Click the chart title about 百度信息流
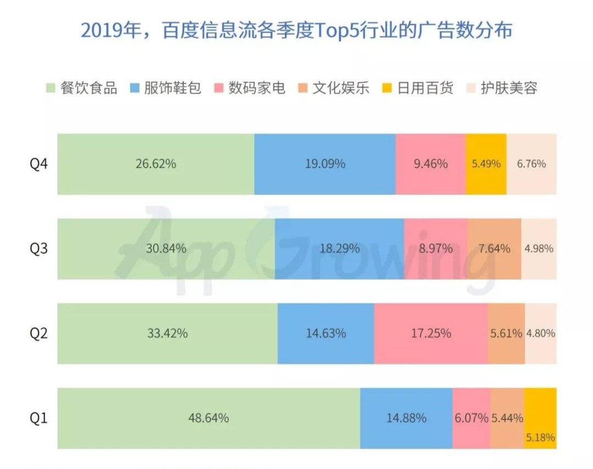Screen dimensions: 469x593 click(296, 30)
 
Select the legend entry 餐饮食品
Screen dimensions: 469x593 click(82, 88)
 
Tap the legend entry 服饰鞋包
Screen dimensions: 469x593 click(166, 88)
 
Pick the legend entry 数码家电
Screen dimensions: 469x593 click(250, 88)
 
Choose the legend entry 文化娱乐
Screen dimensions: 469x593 click(334, 88)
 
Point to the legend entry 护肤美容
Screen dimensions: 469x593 click(502, 88)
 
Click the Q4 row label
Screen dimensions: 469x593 click(39, 164)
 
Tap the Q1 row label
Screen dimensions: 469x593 click(39, 418)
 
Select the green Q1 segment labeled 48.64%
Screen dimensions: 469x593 click(209, 418)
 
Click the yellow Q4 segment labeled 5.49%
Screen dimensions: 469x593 click(486, 164)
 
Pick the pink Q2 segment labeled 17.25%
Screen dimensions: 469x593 click(431, 333)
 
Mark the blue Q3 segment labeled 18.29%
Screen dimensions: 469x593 click(339, 249)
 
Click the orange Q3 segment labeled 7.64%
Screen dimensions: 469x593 click(494, 249)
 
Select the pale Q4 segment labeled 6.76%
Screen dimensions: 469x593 click(532, 164)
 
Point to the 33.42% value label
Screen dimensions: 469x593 click(167, 333)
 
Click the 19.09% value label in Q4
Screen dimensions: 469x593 click(325, 164)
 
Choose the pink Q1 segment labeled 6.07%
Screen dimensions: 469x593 click(471, 418)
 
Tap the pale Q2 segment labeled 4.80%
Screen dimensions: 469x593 click(541, 333)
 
